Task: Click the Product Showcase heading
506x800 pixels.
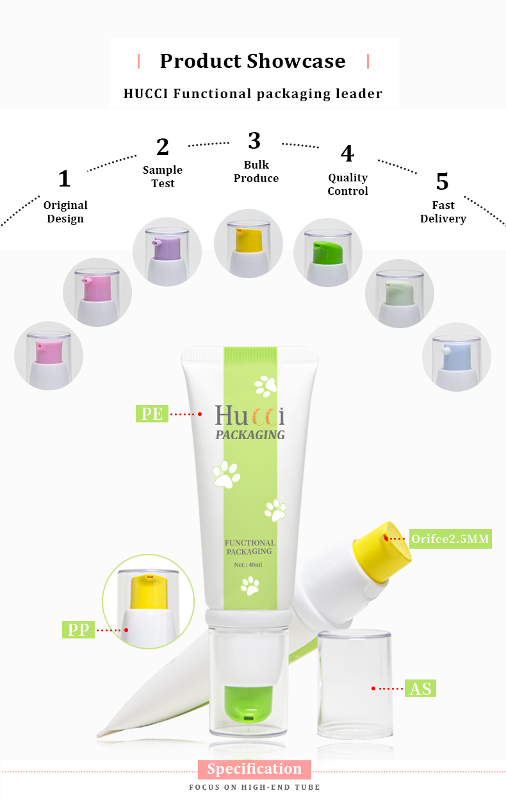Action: tap(252, 61)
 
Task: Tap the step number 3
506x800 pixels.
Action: tap(254, 140)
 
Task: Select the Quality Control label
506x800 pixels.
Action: tap(348, 184)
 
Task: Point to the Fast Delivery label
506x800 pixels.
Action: tap(443, 212)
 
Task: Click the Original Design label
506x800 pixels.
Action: tap(65, 212)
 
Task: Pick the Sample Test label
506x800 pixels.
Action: tap(163, 176)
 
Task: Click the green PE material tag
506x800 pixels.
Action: tap(152, 413)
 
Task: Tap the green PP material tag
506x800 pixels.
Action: tap(78, 629)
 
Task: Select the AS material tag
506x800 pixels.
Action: tap(420, 688)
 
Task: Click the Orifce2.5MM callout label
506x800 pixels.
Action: tap(450, 538)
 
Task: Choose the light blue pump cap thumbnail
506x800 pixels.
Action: tap(457, 357)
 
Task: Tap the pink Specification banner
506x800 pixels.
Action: tap(254, 769)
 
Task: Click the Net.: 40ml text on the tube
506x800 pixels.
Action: tap(249, 564)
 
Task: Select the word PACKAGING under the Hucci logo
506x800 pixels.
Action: tap(250, 435)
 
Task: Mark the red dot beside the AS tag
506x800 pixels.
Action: tap(373, 688)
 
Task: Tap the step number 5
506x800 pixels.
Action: tap(442, 182)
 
